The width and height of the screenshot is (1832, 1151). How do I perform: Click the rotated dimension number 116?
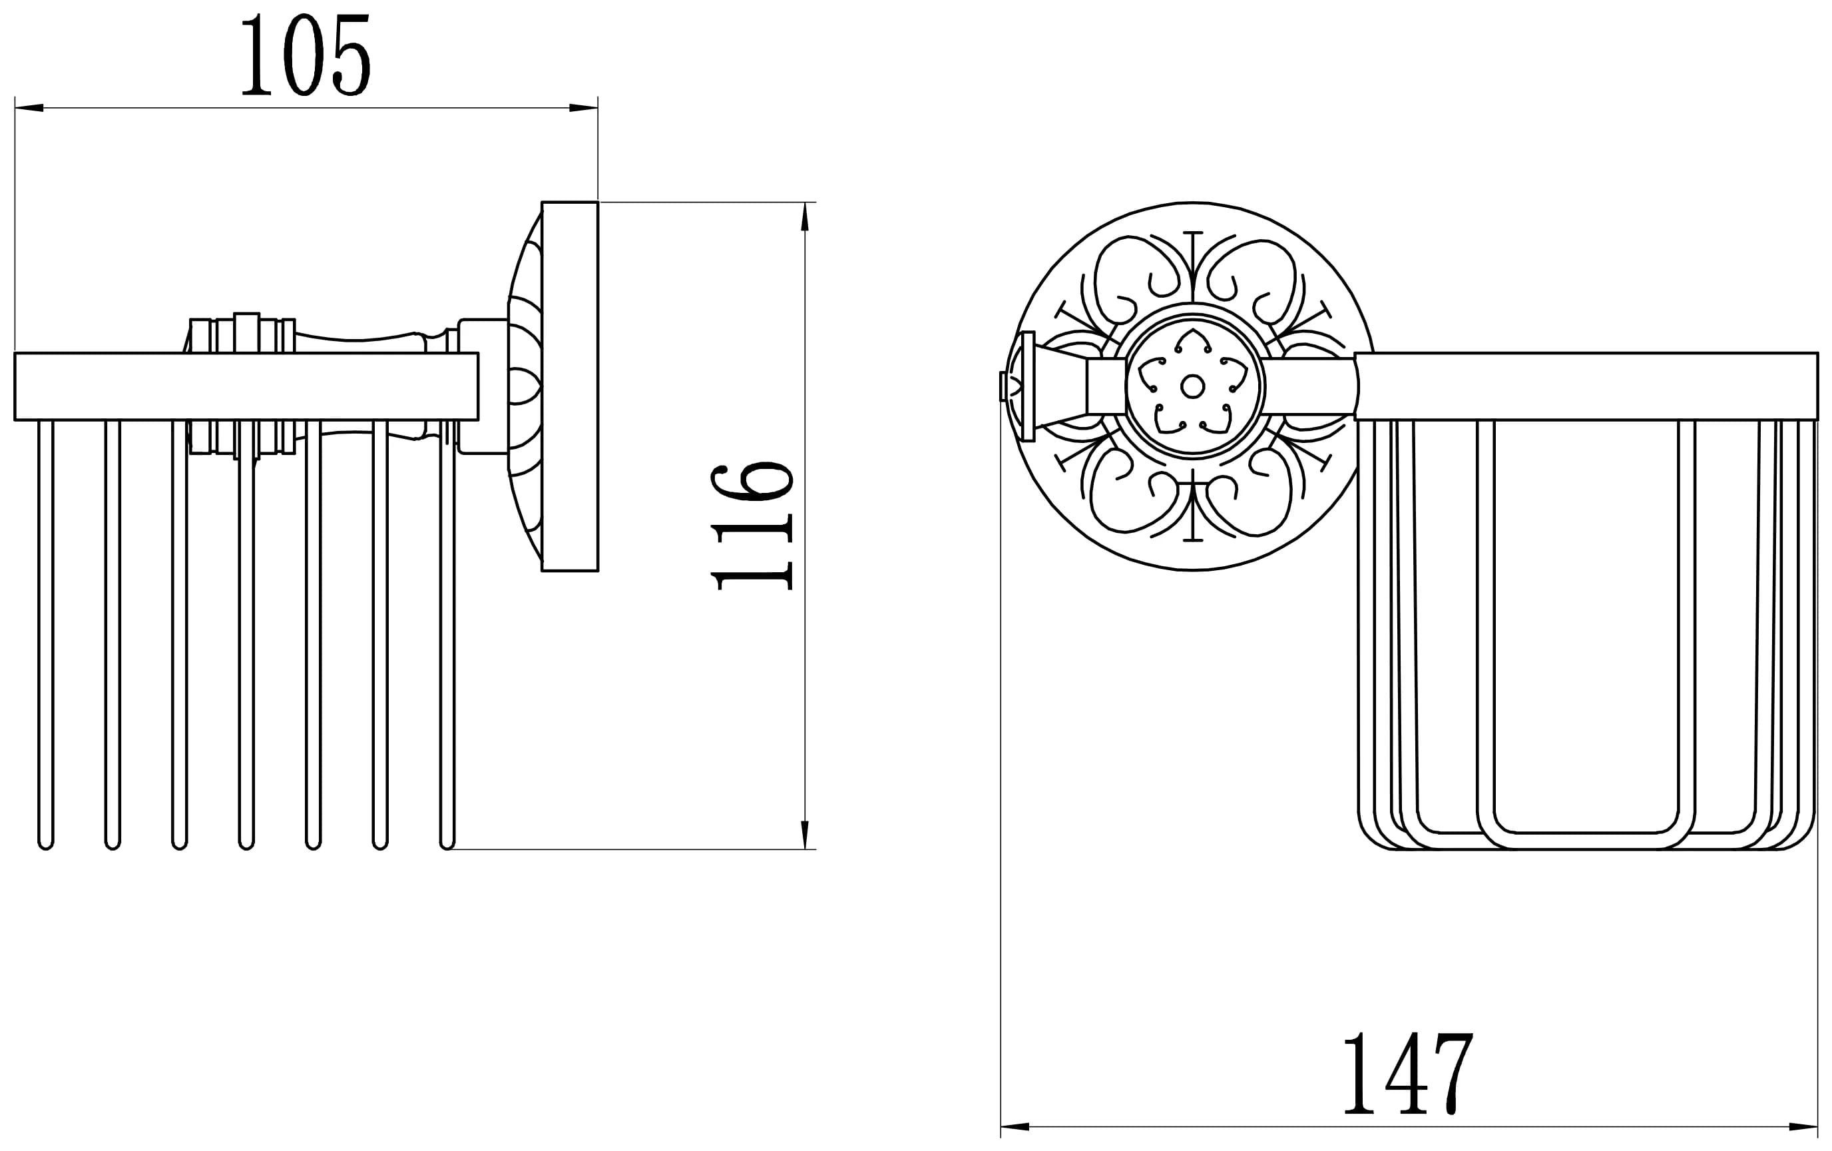tap(752, 526)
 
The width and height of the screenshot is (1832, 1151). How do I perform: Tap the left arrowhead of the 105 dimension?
tap(29, 108)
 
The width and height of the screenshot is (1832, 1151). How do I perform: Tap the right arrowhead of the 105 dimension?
tap(584, 108)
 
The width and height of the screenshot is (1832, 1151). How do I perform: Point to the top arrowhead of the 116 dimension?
tap(805, 216)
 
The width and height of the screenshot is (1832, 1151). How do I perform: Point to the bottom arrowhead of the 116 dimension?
tap(805, 835)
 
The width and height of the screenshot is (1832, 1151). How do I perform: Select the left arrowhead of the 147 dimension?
tap(1015, 1126)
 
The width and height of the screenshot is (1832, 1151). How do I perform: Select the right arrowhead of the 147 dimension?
tap(1803, 1126)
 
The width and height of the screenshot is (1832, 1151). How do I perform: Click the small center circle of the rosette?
tap(1192, 387)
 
